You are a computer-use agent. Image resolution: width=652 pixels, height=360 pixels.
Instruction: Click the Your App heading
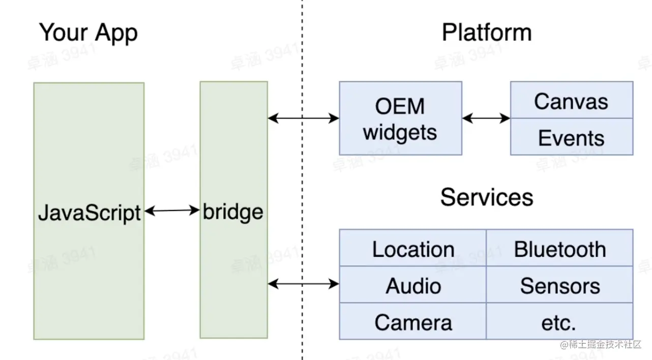click(88, 33)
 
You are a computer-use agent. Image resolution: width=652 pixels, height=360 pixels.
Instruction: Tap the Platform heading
click(487, 33)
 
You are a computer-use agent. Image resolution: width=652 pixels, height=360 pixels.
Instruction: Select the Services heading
click(487, 197)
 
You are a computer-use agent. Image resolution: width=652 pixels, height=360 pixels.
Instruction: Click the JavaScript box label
click(89, 213)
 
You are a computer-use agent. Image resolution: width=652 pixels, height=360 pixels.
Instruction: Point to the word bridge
click(233, 212)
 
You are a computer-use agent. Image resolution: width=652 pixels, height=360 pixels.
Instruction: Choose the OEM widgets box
click(400, 118)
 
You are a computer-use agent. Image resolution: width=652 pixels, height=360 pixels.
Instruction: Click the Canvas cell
click(571, 101)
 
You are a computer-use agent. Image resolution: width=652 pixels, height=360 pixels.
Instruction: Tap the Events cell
click(571, 138)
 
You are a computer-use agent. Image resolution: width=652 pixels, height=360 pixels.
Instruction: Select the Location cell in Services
click(413, 249)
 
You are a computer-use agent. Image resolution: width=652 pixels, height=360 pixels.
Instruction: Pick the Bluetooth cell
click(559, 249)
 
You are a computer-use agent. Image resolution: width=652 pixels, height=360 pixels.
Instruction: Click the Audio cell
click(413, 286)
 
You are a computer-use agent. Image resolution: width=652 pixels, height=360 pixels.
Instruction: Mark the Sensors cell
click(559, 286)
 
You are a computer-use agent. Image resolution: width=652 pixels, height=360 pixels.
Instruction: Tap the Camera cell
click(413, 322)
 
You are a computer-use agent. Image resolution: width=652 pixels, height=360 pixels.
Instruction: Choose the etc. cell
click(559, 322)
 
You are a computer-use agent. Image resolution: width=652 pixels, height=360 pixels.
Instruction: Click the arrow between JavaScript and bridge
click(172, 211)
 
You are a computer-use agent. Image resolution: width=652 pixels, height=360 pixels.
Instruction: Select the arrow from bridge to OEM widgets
click(303, 119)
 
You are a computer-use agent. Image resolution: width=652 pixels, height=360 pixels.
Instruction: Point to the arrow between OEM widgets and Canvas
click(486, 119)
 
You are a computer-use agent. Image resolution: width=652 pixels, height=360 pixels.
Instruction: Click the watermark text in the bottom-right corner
click(601, 345)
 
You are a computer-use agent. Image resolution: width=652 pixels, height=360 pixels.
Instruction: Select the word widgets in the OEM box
click(400, 133)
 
